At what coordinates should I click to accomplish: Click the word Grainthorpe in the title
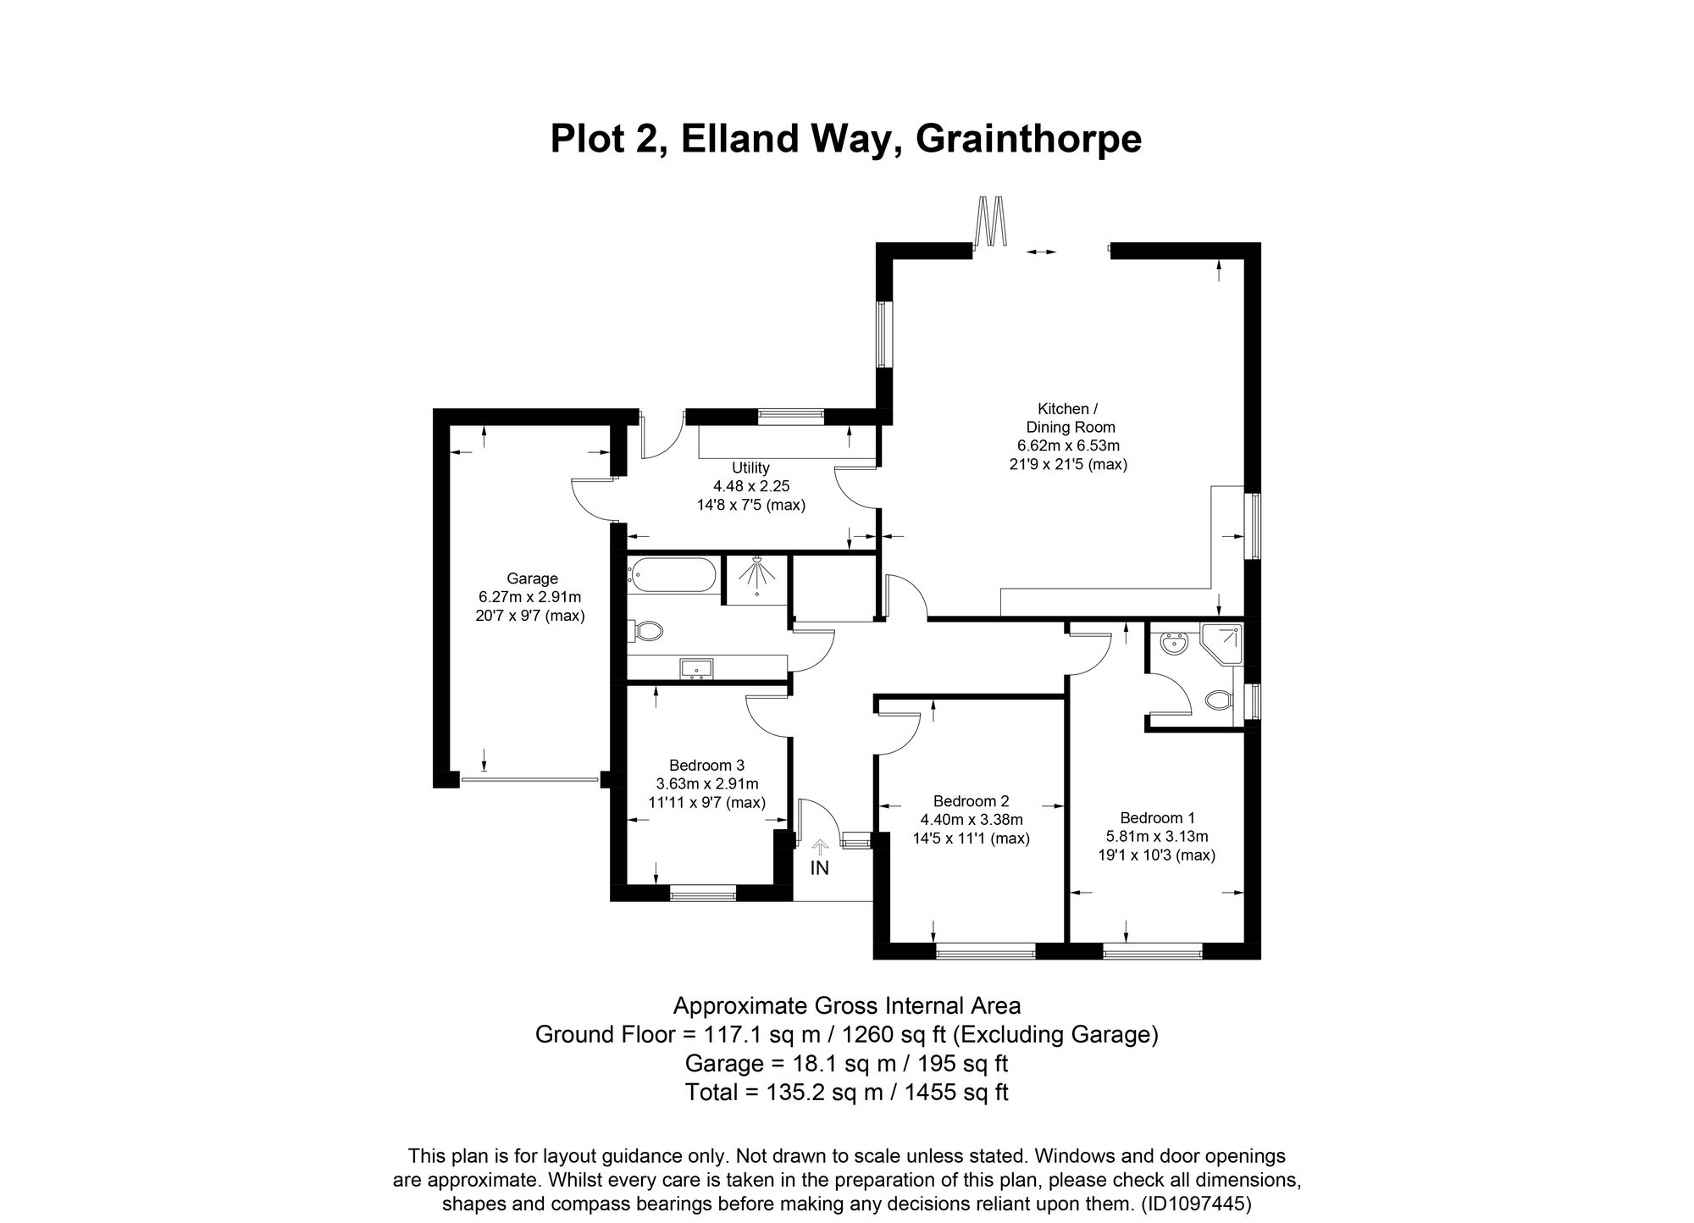click(1028, 140)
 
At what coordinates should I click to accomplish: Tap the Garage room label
click(532, 578)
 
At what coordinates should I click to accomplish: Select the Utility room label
click(750, 468)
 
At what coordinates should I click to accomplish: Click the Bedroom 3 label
click(706, 765)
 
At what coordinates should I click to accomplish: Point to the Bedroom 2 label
click(971, 801)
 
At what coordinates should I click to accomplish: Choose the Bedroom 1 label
click(1157, 818)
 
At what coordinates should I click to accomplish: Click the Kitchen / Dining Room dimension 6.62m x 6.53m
click(1069, 445)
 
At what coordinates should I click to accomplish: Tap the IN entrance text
click(819, 868)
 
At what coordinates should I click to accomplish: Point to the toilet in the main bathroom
click(645, 630)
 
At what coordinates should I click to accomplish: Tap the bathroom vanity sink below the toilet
click(697, 669)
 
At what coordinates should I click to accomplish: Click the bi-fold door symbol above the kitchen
click(991, 222)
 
